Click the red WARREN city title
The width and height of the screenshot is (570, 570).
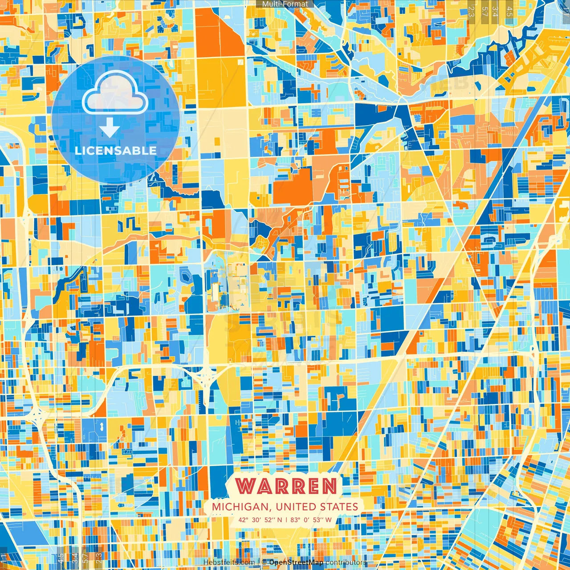coord(285,486)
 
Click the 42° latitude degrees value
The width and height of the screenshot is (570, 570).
coord(243,520)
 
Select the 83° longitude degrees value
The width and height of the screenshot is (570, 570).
coord(295,520)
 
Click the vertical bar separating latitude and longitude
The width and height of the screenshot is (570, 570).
coord(286,520)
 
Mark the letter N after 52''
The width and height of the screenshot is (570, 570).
coord(280,520)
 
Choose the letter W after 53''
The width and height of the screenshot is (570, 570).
coord(328,520)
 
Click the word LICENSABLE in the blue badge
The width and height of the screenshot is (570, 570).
coord(116,151)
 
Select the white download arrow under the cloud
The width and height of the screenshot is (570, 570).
coord(109,129)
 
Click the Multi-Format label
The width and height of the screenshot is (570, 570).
coord(285,4)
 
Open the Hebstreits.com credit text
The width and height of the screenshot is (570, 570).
coord(229,562)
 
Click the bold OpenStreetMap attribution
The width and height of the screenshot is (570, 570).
coord(296,562)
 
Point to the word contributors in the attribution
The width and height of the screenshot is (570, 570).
coord(346,562)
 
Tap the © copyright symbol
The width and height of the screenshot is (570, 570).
coord(264,562)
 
